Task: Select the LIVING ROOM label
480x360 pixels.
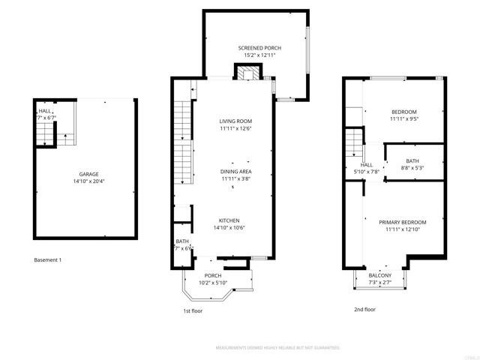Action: click(x=235, y=121)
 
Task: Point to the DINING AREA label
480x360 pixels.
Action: click(x=235, y=172)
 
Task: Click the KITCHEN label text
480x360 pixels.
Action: click(x=229, y=220)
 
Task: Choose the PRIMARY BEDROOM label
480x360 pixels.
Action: click(x=402, y=223)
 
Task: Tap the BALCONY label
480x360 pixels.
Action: click(x=379, y=276)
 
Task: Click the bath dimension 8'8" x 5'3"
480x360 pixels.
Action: click(x=412, y=168)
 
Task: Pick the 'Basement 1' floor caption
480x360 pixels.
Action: click(x=48, y=260)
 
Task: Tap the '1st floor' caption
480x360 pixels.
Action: click(x=193, y=310)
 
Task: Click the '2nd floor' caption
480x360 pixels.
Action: click(x=364, y=309)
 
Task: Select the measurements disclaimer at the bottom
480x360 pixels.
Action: click(x=278, y=348)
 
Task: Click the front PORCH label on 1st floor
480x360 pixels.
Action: click(x=213, y=276)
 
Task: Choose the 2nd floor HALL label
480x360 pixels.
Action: click(x=366, y=165)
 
